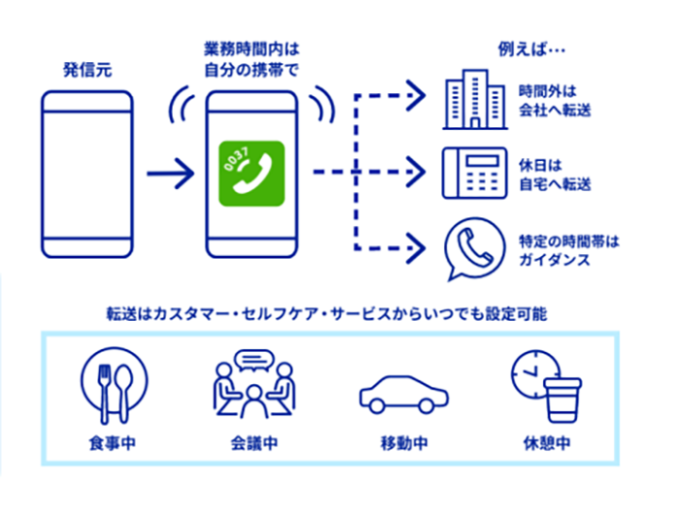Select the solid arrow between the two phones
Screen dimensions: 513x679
[170, 176]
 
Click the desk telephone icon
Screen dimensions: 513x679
[474, 173]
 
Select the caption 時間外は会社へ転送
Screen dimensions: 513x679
[555, 101]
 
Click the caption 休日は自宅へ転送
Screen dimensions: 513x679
[555, 175]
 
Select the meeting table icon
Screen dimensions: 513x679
[253, 387]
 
